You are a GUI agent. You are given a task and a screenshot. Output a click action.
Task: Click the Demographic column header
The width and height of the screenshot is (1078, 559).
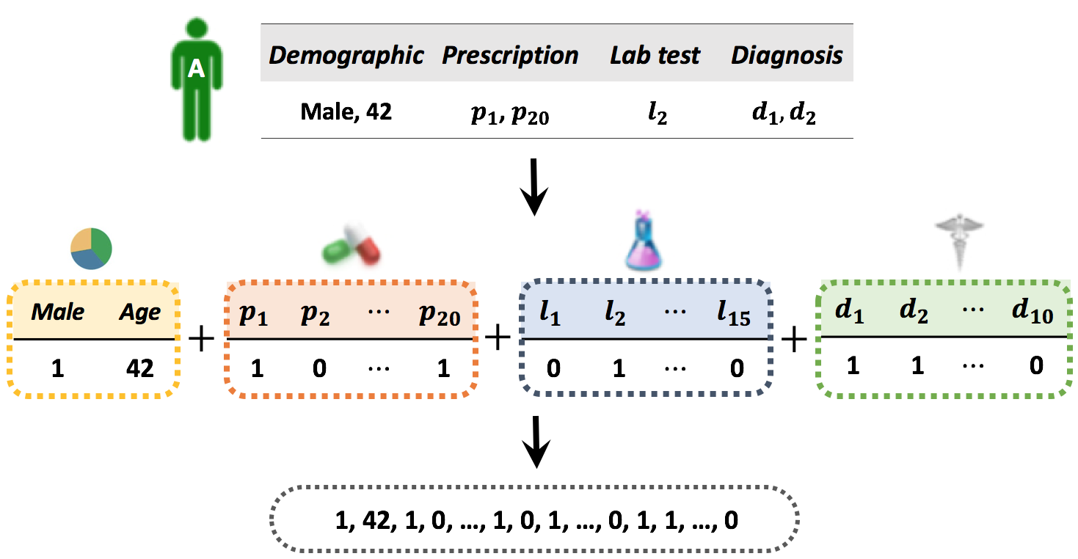[x=346, y=55]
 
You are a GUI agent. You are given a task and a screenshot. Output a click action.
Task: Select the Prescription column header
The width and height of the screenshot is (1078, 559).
[x=510, y=55]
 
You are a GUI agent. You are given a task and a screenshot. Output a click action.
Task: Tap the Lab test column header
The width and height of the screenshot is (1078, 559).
[x=655, y=55]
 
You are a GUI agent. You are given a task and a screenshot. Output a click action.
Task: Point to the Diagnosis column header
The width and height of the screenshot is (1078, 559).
[x=787, y=55]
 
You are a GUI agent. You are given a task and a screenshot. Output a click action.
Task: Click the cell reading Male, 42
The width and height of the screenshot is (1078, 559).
[x=346, y=112]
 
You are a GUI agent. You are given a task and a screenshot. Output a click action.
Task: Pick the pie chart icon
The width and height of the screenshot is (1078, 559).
[x=90, y=249]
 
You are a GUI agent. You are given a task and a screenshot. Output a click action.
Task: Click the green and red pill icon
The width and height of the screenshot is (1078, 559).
[x=352, y=249]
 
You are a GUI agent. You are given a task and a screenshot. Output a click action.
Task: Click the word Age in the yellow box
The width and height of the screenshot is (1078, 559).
[x=140, y=313]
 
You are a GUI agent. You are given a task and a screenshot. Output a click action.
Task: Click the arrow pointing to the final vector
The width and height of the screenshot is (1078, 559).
[x=537, y=442]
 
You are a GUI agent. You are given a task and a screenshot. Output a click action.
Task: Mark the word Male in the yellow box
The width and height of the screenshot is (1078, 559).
[x=57, y=313]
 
